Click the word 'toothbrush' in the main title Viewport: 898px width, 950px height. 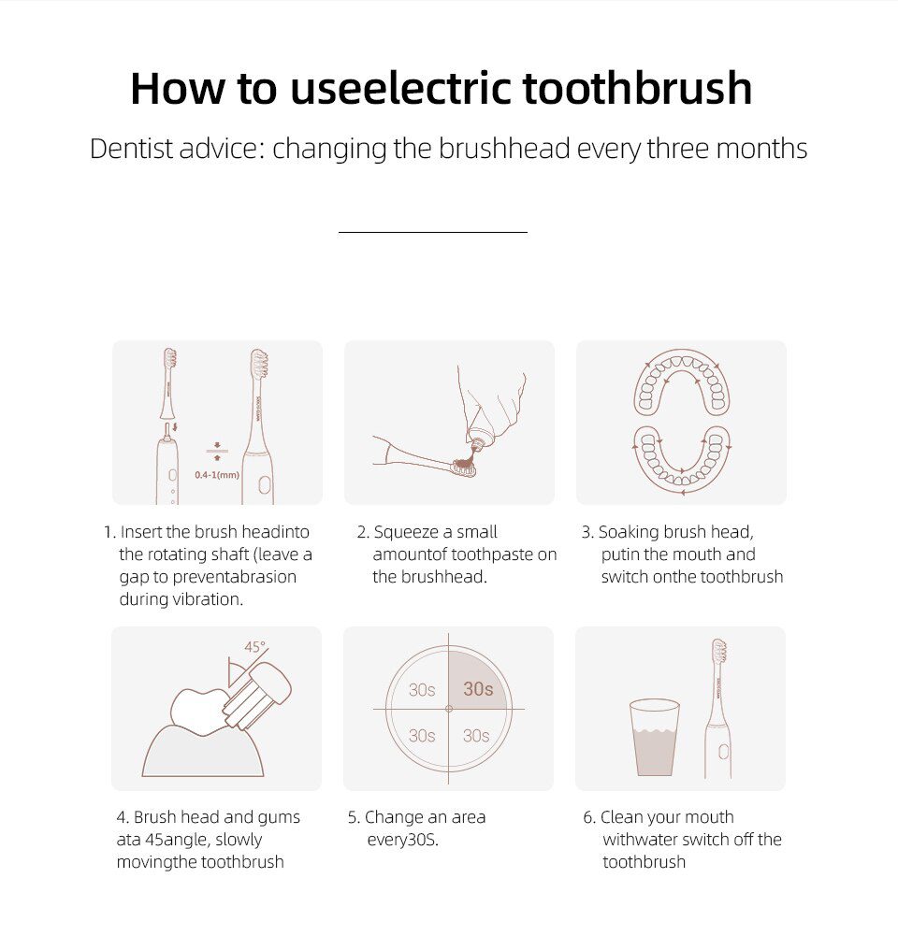637,89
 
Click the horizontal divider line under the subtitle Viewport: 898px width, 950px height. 432,231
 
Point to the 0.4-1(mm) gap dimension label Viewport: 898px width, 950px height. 217,475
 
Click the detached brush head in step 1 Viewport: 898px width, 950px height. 168,383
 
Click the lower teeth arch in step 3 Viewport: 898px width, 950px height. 681,458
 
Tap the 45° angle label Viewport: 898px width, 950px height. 254,647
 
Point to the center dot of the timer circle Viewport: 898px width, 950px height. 449,709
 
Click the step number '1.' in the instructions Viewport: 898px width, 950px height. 109,532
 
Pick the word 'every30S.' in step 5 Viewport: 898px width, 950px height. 402,840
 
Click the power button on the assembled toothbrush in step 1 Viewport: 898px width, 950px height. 264,484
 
